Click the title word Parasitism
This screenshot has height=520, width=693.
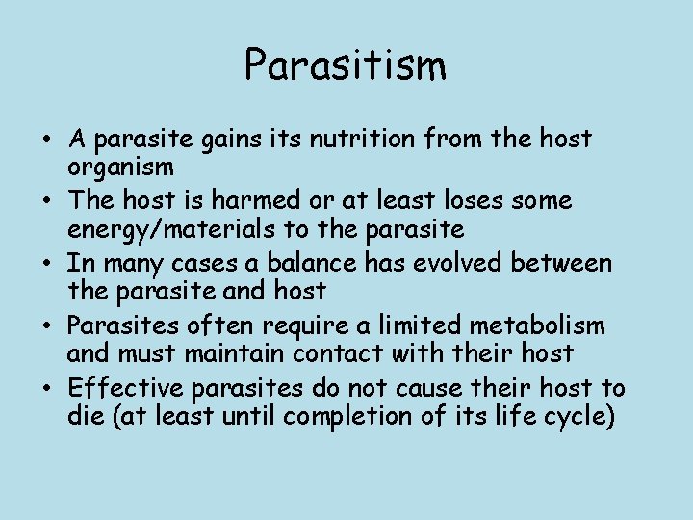tap(346, 65)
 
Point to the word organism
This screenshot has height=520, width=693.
tap(120, 168)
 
